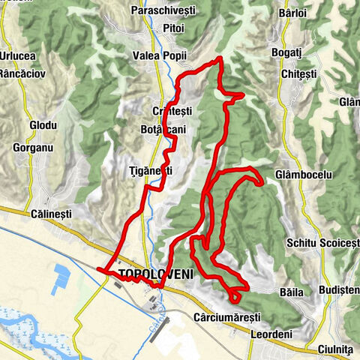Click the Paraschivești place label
[162, 10]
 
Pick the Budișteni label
[338, 289]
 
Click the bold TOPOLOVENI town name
[155, 274]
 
